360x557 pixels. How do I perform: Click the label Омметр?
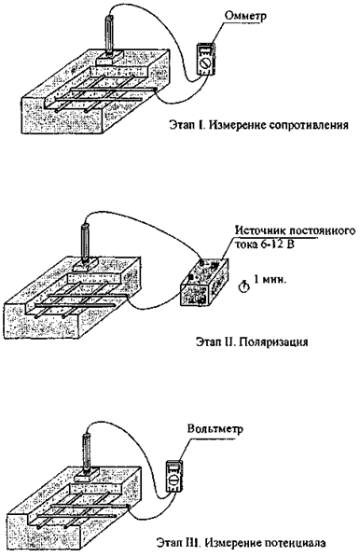coord(245,17)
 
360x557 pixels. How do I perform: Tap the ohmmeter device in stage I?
coord(206,60)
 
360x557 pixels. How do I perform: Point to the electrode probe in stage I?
coord(108,35)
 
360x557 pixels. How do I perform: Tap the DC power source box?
coord(204,283)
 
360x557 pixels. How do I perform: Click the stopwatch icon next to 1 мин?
coord(244,286)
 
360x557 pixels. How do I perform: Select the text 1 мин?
coord(269,280)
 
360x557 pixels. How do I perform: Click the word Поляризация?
coord(273,342)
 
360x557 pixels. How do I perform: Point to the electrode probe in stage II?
coord(85,242)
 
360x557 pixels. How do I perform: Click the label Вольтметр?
coord(215,429)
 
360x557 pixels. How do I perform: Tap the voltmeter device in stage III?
coord(174,477)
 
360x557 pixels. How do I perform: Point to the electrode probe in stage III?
coord(87,453)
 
